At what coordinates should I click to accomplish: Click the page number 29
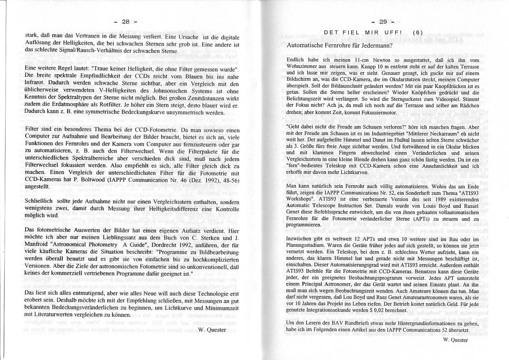(x=383, y=22)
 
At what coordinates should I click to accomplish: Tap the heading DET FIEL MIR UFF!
(x=361, y=32)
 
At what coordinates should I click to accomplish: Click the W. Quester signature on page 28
(x=212, y=329)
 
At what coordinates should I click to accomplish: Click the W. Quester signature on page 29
(x=455, y=340)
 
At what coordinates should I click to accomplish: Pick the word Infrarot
(x=35, y=84)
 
